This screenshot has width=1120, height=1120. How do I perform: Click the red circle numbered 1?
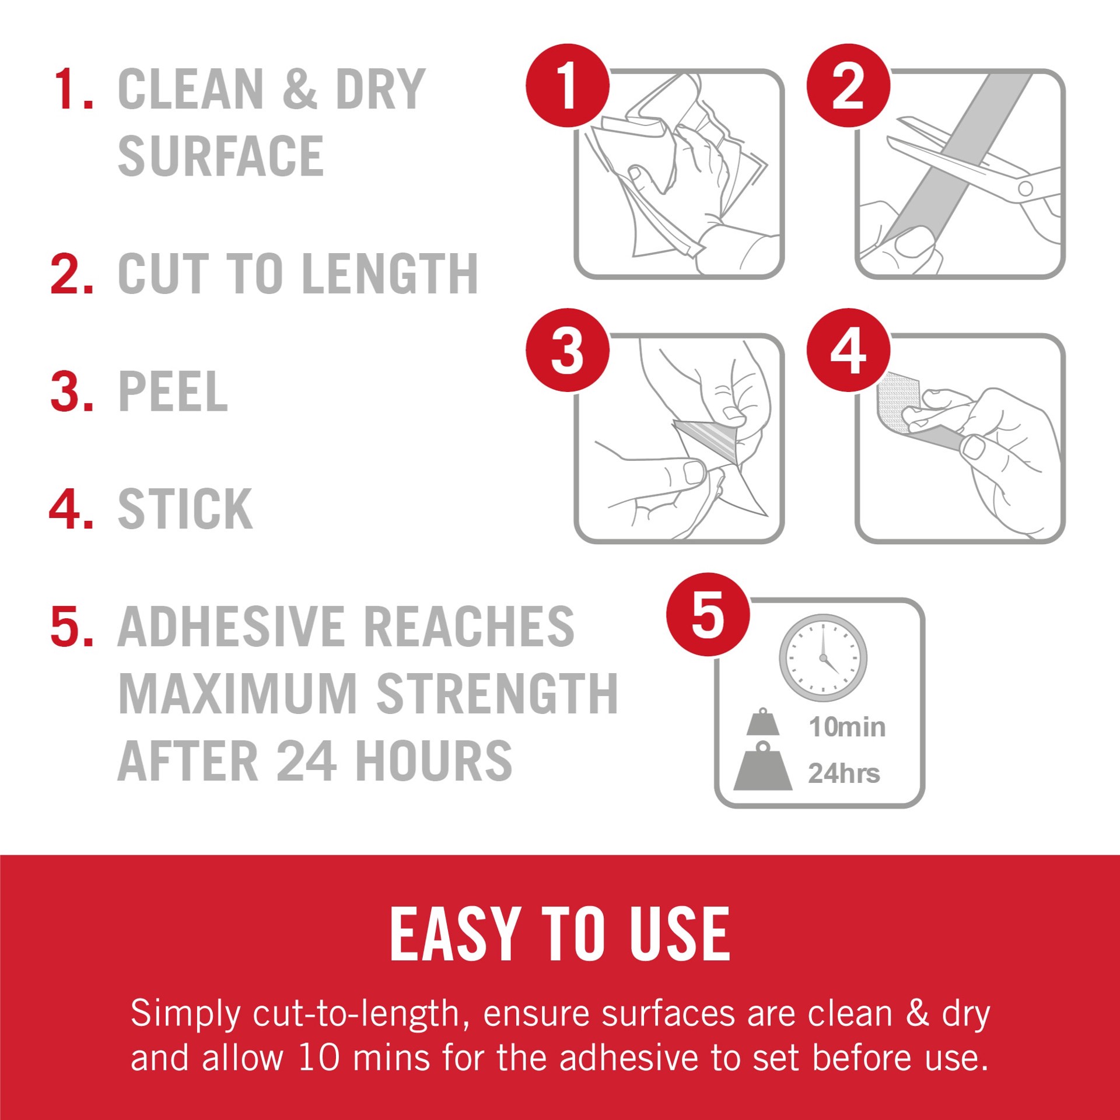568,86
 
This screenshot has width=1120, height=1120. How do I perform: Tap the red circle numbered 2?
848,86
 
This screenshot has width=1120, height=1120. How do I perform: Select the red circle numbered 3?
568,351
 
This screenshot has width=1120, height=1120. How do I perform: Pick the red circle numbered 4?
848,351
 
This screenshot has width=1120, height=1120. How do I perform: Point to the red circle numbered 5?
708,614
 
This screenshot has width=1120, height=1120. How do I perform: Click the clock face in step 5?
823,658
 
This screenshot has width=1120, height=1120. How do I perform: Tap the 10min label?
847,727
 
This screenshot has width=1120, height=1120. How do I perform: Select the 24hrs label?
843,773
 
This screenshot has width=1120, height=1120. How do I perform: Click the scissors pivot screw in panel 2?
1025,188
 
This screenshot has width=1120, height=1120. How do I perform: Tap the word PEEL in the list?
173,392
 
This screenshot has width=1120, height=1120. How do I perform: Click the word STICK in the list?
185,509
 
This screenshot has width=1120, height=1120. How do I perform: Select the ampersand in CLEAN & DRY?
300,89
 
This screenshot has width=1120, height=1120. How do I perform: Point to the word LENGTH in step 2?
390,274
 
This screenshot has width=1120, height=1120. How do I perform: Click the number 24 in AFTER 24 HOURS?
306,761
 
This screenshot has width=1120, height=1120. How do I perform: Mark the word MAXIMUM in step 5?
237,694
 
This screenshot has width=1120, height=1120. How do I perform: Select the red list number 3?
72,392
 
